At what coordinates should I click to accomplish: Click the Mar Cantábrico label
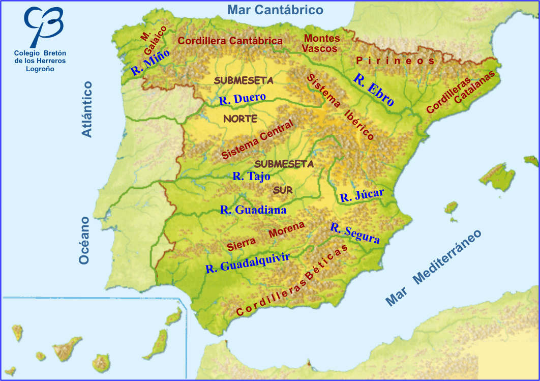[x=275, y=10]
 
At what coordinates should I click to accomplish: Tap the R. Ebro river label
[x=374, y=90]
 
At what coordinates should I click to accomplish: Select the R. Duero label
[x=243, y=98]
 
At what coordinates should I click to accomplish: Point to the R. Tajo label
[x=251, y=177]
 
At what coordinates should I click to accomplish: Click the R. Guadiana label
[x=253, y=210]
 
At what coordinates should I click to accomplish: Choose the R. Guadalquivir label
[x=248, y=262]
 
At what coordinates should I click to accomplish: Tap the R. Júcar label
[x=362, y=195]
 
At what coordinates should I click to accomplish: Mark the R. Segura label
[x=355, y=233]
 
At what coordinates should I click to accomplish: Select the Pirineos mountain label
[x=396, y=61]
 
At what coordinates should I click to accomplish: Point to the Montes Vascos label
[x=321, y=43]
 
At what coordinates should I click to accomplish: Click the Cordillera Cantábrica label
[x=230, y=41]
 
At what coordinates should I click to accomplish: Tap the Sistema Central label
[x=258, y=140]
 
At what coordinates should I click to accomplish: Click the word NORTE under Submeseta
[x=240, y=119]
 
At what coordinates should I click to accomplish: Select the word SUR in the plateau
[x=283, y=190]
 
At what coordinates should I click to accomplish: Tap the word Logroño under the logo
[x=40, y=69]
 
